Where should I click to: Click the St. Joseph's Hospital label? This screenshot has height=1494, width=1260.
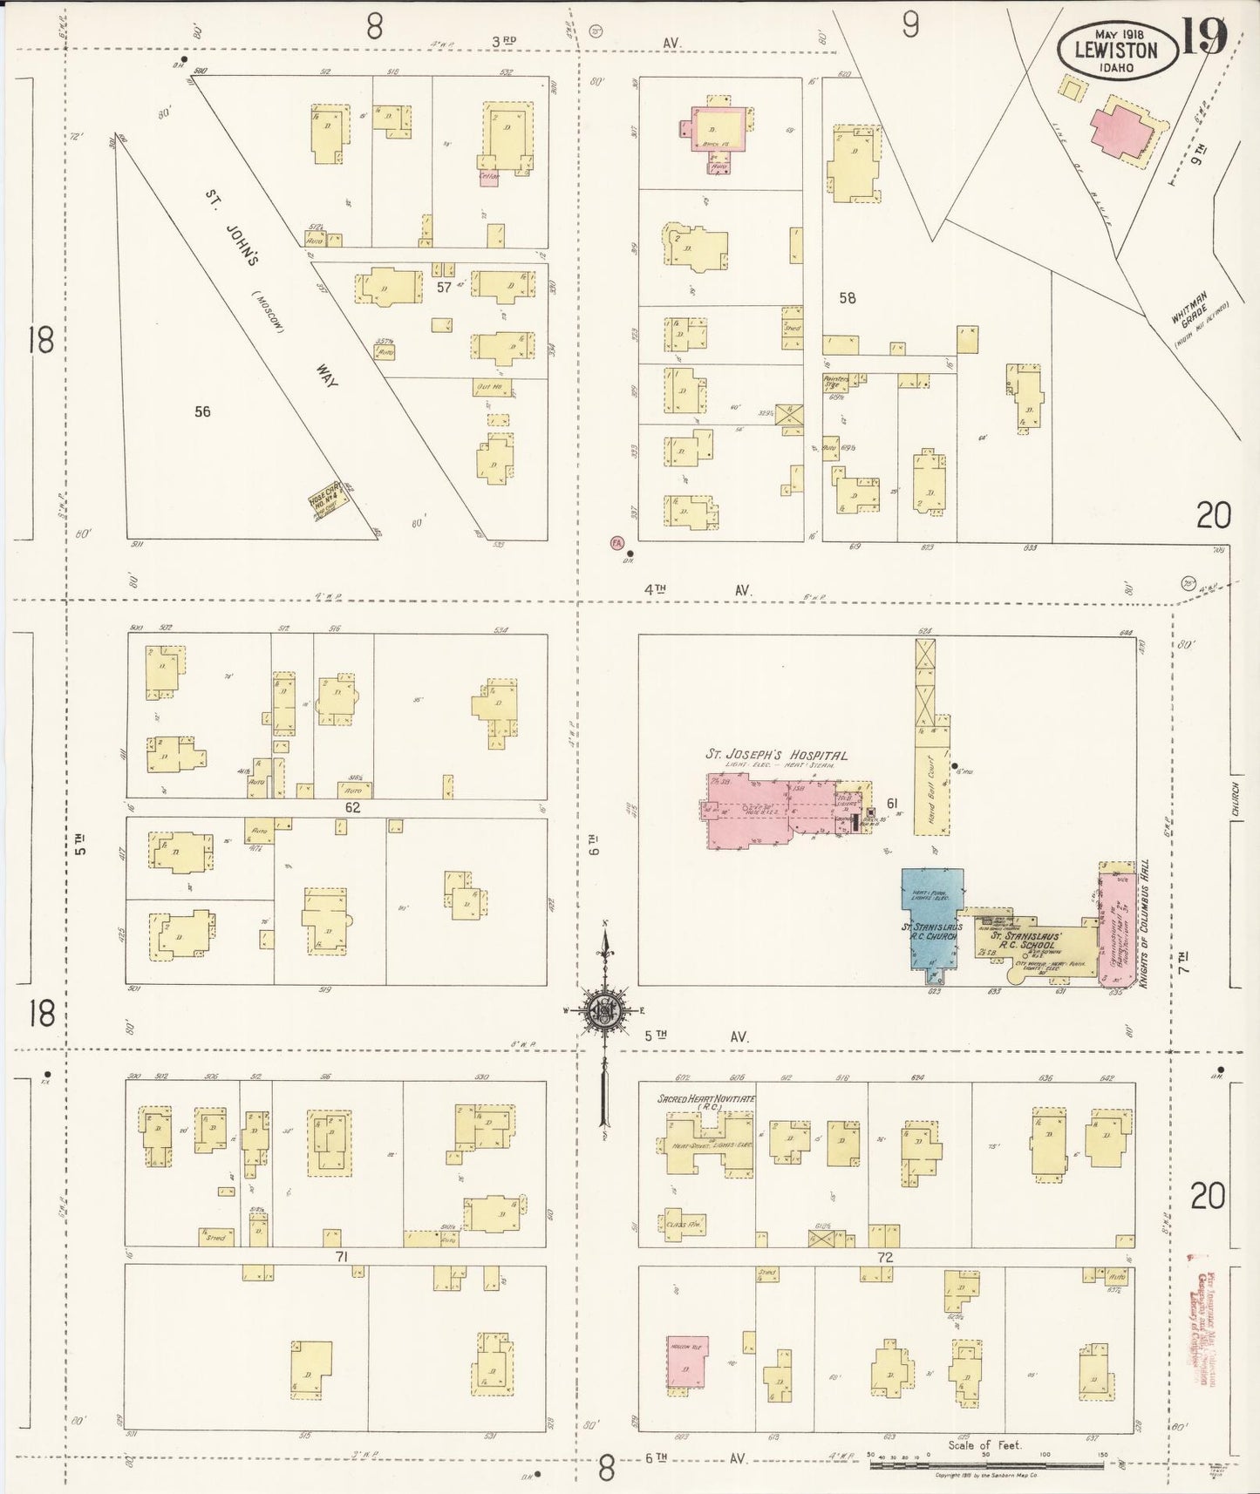pyautogui.click(x=775, y=755)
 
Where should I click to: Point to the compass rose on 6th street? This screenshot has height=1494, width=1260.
pyautogui.click(x=603, y=1011)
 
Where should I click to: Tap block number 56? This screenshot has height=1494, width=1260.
pyautogui.click(x=202, y=411)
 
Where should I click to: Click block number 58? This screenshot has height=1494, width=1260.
pyautogui.click(x=847, y=298)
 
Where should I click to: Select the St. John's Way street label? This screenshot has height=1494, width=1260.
pyautogui.click(x=270, y=288)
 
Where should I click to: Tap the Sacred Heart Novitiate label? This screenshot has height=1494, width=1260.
pyautogui.click(x=706, y=1099)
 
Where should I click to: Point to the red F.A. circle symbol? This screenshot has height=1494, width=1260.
pyautogui.click(x=616, y=542)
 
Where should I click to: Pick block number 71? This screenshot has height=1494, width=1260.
pyautogui.click(x=342, y=1256)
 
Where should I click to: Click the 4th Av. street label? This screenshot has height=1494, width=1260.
pyautogui.click(x=698, y=590)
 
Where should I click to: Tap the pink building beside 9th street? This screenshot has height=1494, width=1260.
pyautogui.click(x=1121, y=129)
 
